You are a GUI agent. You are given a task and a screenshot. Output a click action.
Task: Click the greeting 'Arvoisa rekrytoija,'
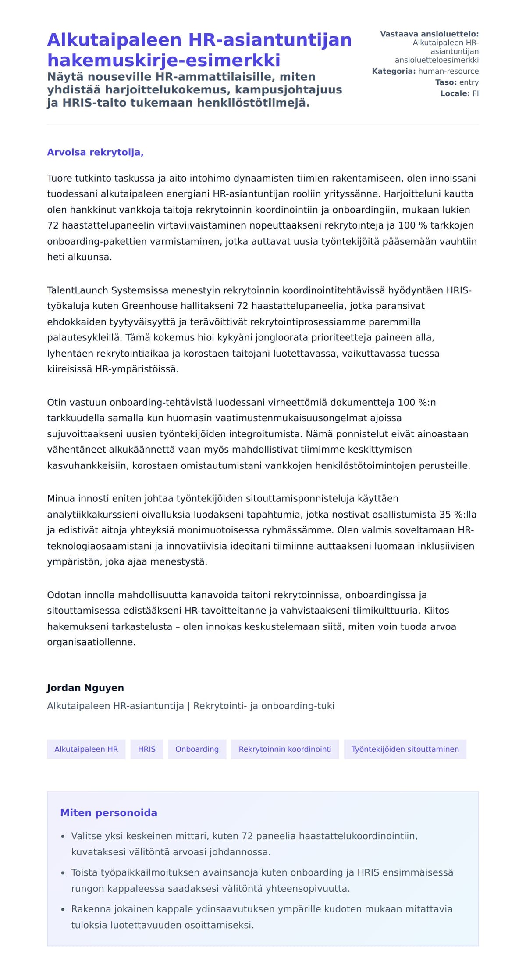click(95, 152)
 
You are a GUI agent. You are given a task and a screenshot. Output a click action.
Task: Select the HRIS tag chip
click(146, 749)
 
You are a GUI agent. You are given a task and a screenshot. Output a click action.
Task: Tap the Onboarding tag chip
click(197, 749)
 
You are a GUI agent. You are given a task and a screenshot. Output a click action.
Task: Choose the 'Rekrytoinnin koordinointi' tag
click(285, 749)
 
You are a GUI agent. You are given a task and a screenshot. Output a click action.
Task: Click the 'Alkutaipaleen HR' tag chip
click(86, 749)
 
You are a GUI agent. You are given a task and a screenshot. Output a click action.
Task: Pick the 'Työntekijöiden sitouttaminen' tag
click(405, 749)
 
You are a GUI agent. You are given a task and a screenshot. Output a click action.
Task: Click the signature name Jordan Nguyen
click(85, 688)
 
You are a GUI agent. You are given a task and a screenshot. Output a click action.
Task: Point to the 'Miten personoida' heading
click(108, 813)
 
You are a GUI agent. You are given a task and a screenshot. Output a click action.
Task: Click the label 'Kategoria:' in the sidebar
click(393, 71)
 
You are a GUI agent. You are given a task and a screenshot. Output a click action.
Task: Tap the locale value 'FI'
click(475, 93)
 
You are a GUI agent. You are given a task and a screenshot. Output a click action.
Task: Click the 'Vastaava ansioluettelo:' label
click(429, 34)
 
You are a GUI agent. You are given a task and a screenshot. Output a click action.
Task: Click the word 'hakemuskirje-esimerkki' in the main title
click(163, 60)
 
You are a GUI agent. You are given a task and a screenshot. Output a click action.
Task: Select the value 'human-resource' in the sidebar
click(448, 71)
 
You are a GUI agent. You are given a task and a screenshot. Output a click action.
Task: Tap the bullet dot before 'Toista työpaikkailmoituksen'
click(63, 873)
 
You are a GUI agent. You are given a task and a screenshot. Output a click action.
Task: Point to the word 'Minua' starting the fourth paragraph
click(61, 498)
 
